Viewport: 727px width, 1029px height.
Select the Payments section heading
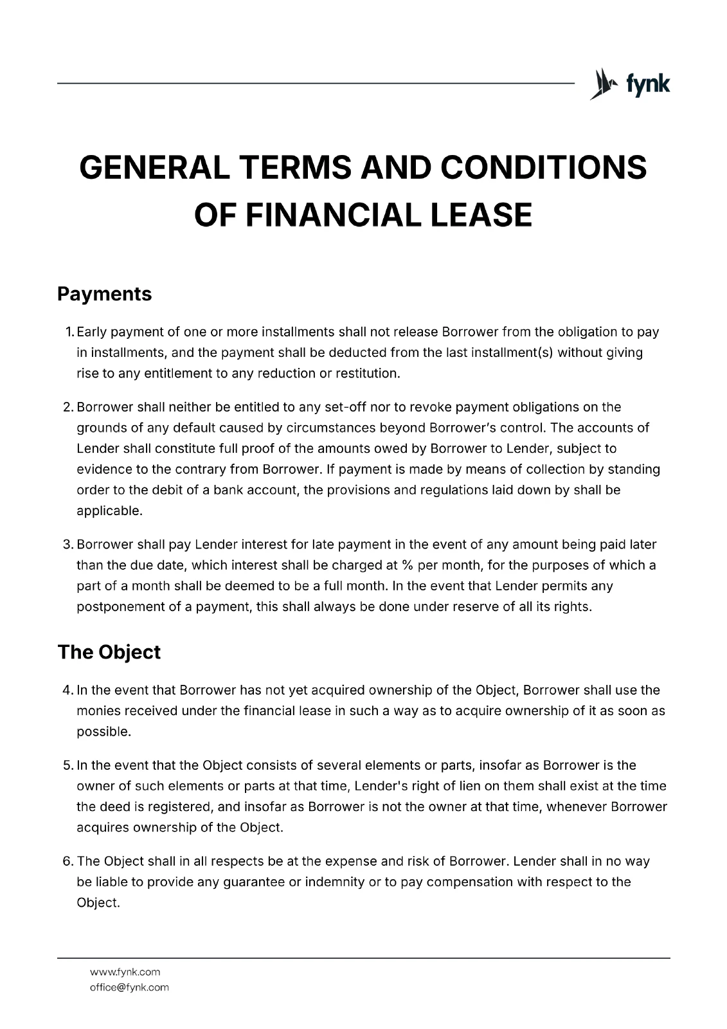pos(105,294)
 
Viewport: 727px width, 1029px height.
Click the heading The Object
pos(109,652)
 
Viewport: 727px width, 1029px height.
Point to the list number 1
pos(69,332)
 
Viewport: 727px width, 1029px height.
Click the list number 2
pos(67,407)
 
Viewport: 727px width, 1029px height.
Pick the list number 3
pos(67,545)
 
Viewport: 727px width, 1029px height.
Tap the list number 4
pos(67,691)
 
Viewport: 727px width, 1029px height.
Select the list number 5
pos(67,765)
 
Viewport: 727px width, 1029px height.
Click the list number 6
pos(67,861)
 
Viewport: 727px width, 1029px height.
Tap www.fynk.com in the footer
pos(125,972)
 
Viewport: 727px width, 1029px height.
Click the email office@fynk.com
pos(129,987)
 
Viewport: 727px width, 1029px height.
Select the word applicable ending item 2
pos(109,511)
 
